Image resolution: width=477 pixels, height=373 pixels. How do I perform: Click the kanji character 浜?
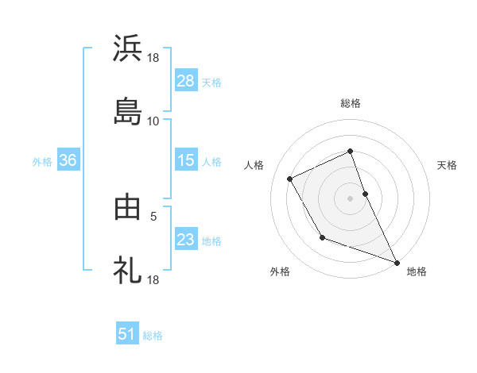pos(127,48)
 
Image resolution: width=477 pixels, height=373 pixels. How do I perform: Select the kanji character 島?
pos(127,112)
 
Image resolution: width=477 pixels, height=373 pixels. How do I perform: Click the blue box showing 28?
pos(185,80)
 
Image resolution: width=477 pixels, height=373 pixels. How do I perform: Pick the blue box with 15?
pos(185,160)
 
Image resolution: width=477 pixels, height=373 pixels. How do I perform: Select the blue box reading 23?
pos(185,240)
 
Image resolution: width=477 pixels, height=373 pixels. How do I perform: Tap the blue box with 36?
pos(68,160)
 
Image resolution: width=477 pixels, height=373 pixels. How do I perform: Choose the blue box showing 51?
pos(127,334)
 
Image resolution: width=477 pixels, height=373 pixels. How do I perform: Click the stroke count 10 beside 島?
pos(153,121)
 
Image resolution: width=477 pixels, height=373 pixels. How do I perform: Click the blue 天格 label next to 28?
pos(211,82)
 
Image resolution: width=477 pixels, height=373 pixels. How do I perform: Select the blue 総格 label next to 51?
pos(153,336)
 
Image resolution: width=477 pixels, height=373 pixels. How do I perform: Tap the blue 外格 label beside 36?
pos(42,162)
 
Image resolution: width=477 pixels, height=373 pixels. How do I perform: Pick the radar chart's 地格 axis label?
pos(417,271)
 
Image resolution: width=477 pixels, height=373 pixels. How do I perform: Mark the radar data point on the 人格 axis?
pos(290,179)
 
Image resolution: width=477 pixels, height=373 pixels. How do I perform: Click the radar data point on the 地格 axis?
pos(397,262)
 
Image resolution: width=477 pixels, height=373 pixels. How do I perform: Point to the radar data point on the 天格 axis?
pos(365,193)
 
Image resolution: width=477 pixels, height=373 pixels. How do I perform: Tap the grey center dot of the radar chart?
pos(351,198)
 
